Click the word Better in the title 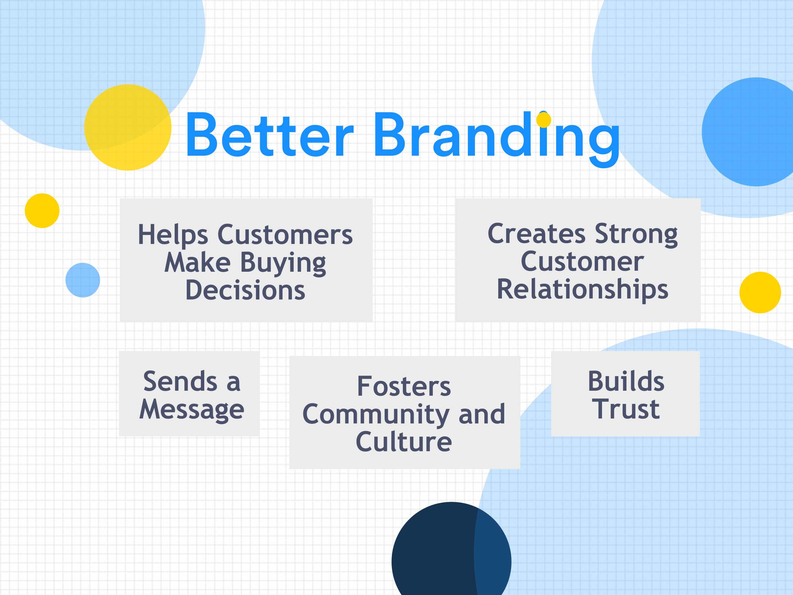270,135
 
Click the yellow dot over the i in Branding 544,120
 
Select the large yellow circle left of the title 128,127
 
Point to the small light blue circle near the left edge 83,280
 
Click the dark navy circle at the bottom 451,549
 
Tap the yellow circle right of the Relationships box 760,293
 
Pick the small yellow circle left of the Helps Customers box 42,211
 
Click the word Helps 173,235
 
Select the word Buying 283,263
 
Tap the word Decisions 245,290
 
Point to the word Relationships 583,290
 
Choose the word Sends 180,381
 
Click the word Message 192,410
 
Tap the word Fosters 404,386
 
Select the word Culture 404,442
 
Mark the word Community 376,415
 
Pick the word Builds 626,381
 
